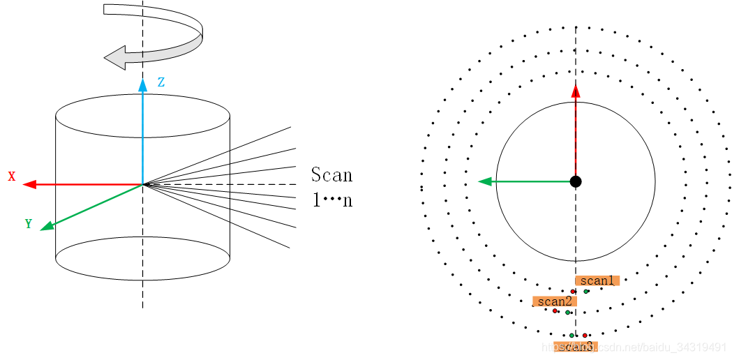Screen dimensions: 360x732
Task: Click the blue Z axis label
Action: [x=161, y=82]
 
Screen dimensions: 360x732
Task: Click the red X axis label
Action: [x=12, y=177]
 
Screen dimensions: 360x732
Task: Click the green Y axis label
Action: [x=29, y=224]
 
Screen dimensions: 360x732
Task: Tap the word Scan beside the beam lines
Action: [x=331, y=174]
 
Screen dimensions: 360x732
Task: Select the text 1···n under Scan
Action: [x=331, y=200]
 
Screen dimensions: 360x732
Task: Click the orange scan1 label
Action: [x=597, y=280]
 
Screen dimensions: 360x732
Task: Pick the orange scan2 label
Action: [x=555, y=301]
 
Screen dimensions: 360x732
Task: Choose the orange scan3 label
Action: [x=576, y=346]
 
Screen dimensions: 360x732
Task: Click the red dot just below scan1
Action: [x=573, y=291]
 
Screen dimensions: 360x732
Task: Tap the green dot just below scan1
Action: [x=586, y=291]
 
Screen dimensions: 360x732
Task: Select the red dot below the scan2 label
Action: [x=555, y=310]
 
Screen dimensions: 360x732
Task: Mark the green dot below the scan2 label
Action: [x=569, y=313]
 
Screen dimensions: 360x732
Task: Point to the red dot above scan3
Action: [x=585, y=336]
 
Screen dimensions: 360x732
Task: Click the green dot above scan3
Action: [x=572, y=336]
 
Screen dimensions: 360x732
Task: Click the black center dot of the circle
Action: [x=576, y=181]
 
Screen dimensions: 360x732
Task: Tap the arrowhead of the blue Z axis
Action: [x=142, y=85]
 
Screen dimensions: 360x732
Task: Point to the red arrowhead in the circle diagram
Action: [x=576, y=91]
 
